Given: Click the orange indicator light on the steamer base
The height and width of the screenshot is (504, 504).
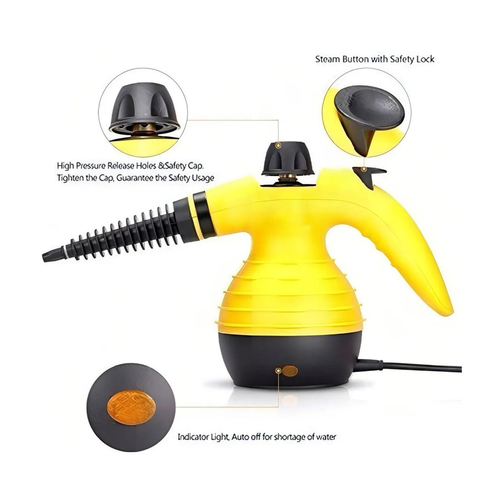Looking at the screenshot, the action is pos(290,371).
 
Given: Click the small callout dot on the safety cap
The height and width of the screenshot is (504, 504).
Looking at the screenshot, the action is pos(279,145).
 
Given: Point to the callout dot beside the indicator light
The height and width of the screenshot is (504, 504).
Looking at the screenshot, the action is pos(279,370).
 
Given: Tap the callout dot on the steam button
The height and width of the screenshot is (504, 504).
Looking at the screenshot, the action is pos(363,169).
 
